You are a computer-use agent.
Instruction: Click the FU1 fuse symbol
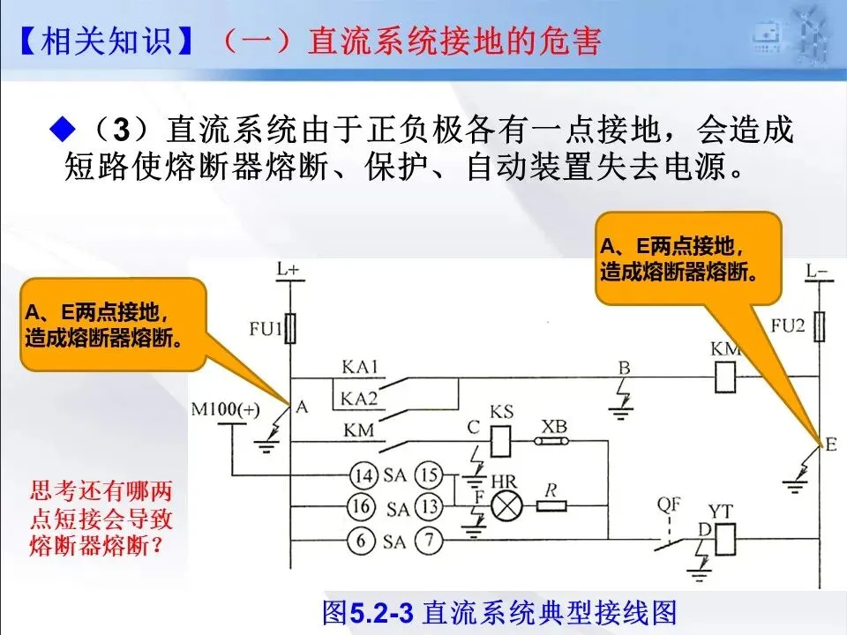coord(290,328)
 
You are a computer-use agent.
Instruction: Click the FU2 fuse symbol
coord(820,326)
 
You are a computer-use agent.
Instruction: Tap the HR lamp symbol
coord(506,506)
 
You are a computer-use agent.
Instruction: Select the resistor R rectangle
coord(551,506)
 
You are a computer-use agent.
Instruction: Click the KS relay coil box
coord(501,441)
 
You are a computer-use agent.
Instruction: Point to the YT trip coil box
coord(725,540)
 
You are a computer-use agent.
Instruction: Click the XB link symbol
coord(551,441)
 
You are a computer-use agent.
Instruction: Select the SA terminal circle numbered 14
coord(364,475)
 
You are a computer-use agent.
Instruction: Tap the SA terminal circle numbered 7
coord(429,540)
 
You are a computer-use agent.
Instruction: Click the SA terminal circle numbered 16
coord(361,506)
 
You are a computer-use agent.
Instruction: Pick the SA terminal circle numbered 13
coord(429,507)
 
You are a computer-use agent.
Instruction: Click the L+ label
coord(288,268)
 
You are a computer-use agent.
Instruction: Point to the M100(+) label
coord(225,409)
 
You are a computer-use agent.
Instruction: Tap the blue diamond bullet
coord(63,129)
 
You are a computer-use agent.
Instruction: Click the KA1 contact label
coord(360,367)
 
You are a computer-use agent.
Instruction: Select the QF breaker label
coord(669,504)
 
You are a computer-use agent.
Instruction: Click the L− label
coord(817,270)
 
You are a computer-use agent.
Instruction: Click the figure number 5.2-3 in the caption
coord(382,613)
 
